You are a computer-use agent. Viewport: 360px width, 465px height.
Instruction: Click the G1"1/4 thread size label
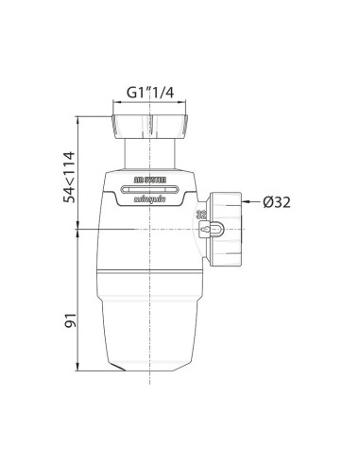(151, 93)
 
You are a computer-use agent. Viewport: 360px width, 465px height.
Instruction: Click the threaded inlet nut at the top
(151, 124)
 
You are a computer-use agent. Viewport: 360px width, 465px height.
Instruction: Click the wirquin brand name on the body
(151, 198)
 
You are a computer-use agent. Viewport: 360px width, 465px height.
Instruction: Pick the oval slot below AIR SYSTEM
(151, 187)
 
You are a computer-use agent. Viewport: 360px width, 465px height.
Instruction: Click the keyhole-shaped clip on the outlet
(215, 230)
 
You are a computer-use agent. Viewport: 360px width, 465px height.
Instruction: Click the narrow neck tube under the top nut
(151, 149)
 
